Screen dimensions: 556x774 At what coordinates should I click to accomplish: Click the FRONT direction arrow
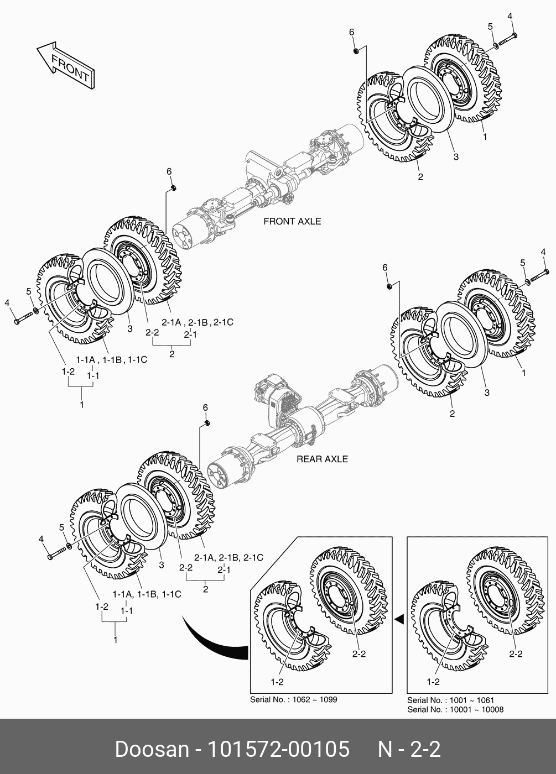click(66, 66)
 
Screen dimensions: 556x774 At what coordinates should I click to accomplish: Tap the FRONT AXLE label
click(292, 221)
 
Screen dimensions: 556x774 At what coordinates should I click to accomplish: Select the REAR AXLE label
click(322, 459)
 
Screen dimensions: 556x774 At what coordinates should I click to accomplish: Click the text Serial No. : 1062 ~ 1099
click(294, 699)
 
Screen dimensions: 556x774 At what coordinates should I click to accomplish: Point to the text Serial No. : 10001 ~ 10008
click(455, 709)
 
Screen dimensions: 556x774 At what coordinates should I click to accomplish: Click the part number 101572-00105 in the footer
click(278, 749)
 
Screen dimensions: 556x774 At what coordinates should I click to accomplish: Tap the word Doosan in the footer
click(152, 749)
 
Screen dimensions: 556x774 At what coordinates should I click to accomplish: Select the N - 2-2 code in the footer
click(409, 749)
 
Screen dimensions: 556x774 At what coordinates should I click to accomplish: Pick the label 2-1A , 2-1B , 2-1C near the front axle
click(198, 322)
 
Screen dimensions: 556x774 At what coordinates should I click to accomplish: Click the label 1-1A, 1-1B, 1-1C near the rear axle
click(147, 594)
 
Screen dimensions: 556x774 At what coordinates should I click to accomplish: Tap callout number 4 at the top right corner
click(510, 16)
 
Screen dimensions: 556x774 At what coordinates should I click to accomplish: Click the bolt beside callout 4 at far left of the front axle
click(23, 318)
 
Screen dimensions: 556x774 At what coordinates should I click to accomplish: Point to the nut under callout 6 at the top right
click(356, 51)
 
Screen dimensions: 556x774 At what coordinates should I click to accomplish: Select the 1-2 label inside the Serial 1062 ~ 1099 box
click(277, 682)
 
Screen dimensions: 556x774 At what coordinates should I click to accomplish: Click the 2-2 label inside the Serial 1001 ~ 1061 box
click(516, 653)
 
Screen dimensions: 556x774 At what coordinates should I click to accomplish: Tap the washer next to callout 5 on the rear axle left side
click(69, 546)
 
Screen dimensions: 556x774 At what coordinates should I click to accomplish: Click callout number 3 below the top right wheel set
click(456, 156)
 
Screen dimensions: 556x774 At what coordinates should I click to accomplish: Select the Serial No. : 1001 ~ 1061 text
click(450, 700)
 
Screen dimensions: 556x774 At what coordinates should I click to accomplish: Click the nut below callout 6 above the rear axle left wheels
click(207, 423)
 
